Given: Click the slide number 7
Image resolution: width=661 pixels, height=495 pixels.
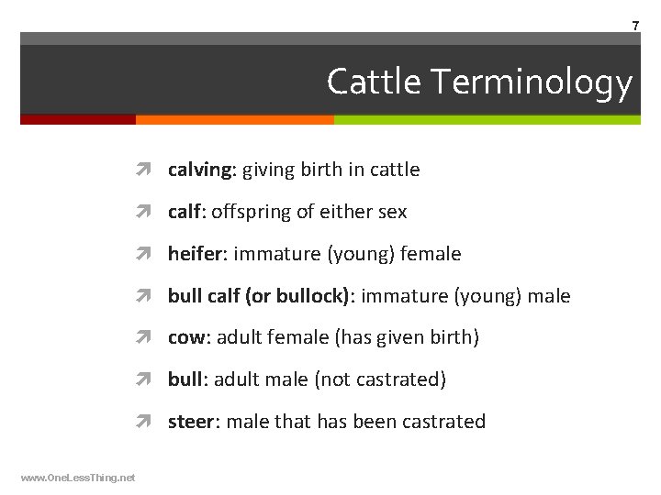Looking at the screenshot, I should [x=635, y=27].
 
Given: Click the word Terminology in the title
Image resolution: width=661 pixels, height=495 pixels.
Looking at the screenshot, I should [x=532, y=82].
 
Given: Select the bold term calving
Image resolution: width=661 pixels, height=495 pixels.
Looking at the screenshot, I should [x=201, y=170].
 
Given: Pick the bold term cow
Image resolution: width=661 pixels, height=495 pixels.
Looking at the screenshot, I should [x=187, y=337].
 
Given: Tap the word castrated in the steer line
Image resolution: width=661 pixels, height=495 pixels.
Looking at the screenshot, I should [x=443, y=422].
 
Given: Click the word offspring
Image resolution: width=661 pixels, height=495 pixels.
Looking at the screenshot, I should [x=247, y=212].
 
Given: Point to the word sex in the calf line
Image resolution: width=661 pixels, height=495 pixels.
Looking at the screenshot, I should [x=392, y=212].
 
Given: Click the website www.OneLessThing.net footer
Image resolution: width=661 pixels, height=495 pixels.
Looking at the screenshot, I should [x=77, y=478].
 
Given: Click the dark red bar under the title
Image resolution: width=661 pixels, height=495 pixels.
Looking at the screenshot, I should [x=77, y=119].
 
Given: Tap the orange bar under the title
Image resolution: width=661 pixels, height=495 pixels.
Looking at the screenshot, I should [x=234, y=119].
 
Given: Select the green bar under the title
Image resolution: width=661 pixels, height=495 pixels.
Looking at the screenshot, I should [x=487, y=119].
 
